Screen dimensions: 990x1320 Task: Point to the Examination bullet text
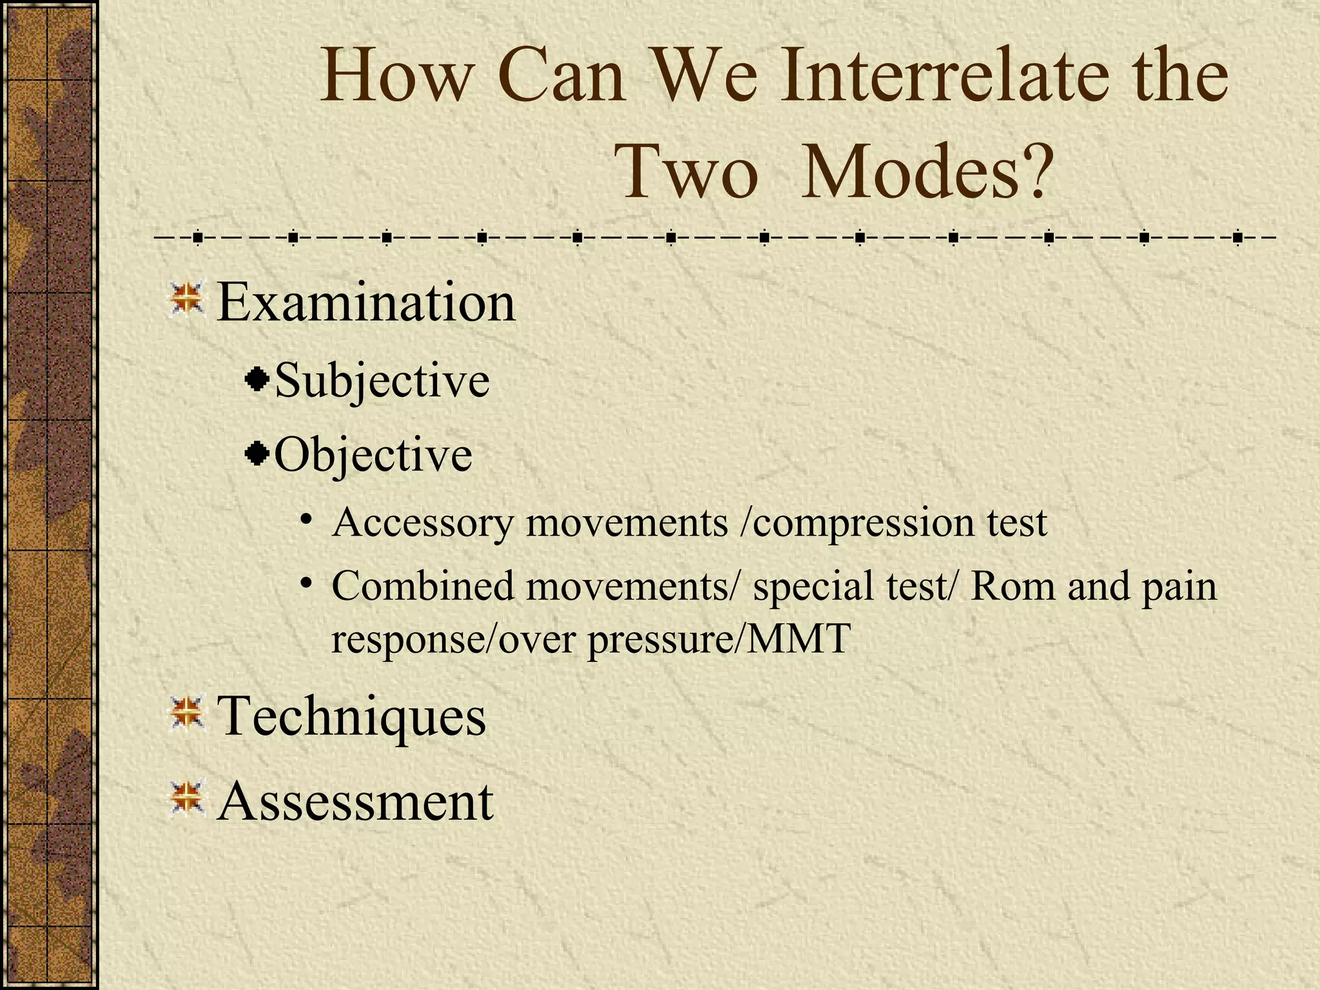[366, 303]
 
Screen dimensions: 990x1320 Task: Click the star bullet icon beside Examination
[187, 299]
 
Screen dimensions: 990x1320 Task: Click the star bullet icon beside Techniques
[187, 713]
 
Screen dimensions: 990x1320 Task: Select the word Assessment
[355, 801]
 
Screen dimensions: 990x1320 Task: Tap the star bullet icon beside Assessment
[187, 798]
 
